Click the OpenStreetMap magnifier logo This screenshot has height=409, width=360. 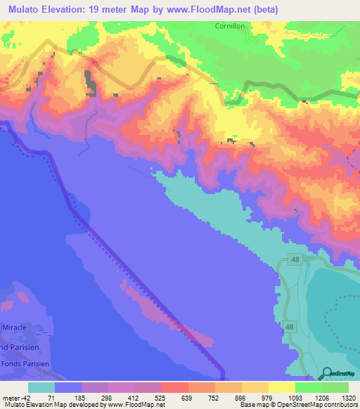tap(326, 374)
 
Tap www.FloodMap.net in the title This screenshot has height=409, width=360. tap(212, 9)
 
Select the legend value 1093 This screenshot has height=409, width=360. tap(295, 398)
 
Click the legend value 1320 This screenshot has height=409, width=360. tap(348, 398)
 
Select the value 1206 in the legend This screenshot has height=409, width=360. tap(322, 398)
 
